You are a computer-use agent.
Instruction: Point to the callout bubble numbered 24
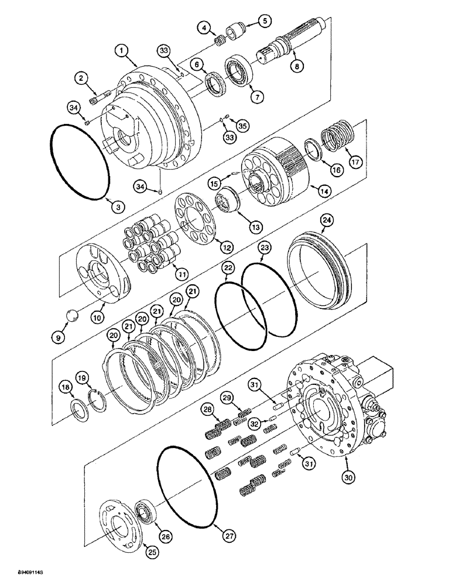pyautogui.click(x=326, y=221)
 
